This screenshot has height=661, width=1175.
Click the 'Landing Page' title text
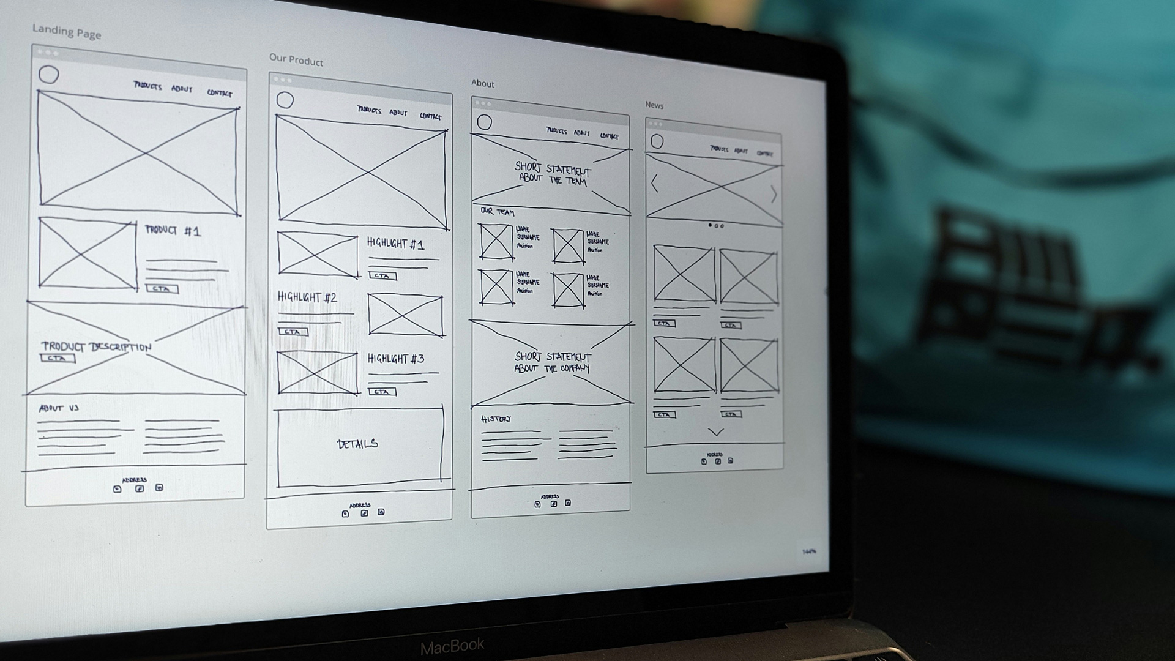coord(67,32)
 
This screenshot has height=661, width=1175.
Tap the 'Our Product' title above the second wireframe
coord(296,59)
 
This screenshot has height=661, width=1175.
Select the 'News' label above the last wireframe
coord(654,105)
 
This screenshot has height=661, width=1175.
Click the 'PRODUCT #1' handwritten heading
coord(173,231)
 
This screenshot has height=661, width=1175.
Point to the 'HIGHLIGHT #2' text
coord(307,297)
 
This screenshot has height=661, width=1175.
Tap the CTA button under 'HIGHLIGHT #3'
coord(382,392)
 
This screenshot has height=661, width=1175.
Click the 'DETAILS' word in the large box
coord(357,444)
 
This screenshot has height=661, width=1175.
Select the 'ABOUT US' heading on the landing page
coord(59,408)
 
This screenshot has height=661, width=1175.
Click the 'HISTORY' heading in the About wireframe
coord(496,419)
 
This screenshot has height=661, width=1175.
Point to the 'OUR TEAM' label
coord(497,212)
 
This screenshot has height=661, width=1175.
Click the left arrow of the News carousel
coord(654,183)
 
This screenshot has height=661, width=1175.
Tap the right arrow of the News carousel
coord(774,195)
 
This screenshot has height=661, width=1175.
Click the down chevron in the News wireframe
coord(715,432)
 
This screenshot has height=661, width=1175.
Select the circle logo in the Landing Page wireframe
coord(49,75)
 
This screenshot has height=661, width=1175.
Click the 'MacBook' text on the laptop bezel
coord(452,646)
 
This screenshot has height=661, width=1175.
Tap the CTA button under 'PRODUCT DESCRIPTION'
coord(58,359)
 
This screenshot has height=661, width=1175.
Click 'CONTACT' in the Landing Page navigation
coord(220,93)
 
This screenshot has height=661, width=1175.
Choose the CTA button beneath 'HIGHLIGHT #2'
coord(293,332)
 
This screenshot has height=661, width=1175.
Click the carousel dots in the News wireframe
coord(716,226)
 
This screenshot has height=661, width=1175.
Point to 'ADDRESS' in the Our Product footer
coord(360,506)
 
